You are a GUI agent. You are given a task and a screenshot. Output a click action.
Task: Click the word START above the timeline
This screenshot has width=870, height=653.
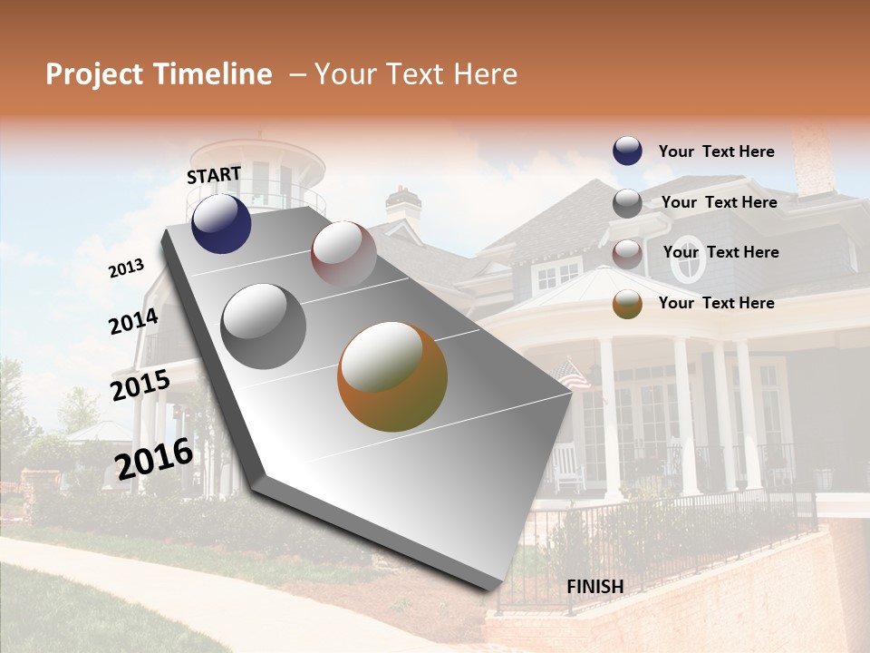pyautogui.click(x=214, y=175)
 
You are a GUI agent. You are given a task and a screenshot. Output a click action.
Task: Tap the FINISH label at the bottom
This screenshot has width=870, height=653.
pyautogui.click(x=594, y=587)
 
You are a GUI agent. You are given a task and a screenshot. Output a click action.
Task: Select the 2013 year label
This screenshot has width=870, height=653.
pyautogui.click(x=127, y=268)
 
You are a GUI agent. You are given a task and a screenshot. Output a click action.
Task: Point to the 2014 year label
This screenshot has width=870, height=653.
pyautogui.click(x=133, y=322)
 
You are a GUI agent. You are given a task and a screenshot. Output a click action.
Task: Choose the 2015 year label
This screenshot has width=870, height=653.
pyautogui.click(x=140, y=385)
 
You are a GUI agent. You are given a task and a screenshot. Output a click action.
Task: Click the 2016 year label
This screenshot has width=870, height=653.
pyautogui.click(x=154, y=458)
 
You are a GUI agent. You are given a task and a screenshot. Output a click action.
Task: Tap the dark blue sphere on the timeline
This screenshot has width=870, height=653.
pyautogui.click(x=221, y=224)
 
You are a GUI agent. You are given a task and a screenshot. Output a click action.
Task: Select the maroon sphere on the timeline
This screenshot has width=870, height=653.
pyautogui.click(x=343, y=254)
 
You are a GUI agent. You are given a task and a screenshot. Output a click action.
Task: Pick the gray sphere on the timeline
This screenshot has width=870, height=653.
pyautogui.click(x=264, y=326)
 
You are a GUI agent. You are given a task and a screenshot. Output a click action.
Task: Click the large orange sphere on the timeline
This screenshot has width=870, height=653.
pyautogui.click(x=392, y=376)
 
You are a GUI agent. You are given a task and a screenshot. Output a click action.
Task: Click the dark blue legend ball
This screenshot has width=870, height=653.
pyautogui.click(x=627, y=151)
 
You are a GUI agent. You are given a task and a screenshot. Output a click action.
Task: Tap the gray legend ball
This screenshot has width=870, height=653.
pyautogui.click(x=627, y=203)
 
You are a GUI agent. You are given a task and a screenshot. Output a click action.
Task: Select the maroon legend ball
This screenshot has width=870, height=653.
pyautogui.click(x=627, y=253)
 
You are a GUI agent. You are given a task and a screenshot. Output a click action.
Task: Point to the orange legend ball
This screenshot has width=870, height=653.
pyautogui.click(x=627, y=304)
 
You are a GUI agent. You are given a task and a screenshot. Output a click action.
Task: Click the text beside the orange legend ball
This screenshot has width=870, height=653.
pyautogui.click(x=716, y=303)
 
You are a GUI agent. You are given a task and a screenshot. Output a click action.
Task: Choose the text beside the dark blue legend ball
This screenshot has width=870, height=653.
pyautogui.click(x=716, y=151)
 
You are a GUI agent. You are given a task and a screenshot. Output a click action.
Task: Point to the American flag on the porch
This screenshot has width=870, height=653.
pyautogui.click(x=573, y=374)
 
